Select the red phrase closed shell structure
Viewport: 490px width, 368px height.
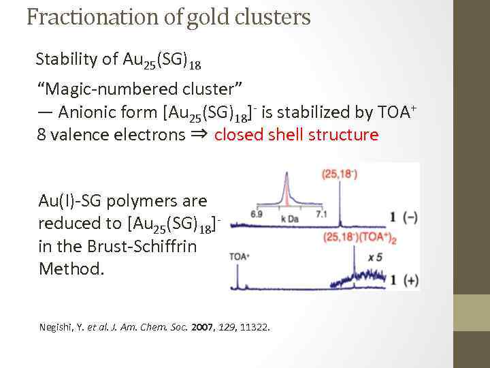[x=296, y=134]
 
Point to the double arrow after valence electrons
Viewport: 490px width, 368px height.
[x=200, y=134]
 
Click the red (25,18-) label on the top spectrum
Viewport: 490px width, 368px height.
[x=340, y=174]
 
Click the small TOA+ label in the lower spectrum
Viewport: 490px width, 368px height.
[x=240, y=256]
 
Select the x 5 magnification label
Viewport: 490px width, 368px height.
[x=376, y=257]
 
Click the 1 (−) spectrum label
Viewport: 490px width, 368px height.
[x=404, y=217]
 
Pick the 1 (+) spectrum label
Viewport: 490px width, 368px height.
[x=404, y=280]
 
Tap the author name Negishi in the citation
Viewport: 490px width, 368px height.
[x=57, y=327]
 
